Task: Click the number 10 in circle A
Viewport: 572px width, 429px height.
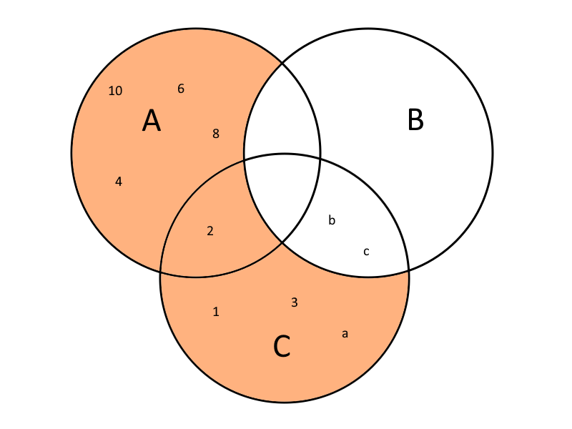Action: click(x=115, y=91)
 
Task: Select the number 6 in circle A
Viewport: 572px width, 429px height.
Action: click(x=181, y=89)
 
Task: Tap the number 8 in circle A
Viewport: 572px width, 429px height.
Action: click(x=216, y=133)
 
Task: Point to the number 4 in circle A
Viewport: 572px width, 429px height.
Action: click(x=119, y=182)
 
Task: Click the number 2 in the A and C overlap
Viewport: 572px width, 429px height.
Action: click(x=210, y=230)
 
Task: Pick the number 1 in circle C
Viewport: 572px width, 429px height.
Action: click(x=216, y=312)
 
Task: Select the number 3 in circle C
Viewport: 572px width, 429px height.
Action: click(x=294, y=302)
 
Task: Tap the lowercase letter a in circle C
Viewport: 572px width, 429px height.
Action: click(x=345, y=333)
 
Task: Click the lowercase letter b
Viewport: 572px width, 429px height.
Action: click(x=332, y=220)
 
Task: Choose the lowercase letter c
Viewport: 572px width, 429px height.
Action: click(x=366, y=251)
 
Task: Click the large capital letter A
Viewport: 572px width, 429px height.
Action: click(x=152, y=121)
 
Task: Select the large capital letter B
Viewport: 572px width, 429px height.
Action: click(x=415, y=120)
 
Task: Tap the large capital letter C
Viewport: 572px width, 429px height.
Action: click(x=282, y=347)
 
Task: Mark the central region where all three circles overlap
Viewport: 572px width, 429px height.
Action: click(x=282, y=193)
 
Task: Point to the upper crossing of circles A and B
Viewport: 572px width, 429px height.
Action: click(x=282, y=63)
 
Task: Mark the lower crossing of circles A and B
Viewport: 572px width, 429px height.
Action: click(x=282, y=242)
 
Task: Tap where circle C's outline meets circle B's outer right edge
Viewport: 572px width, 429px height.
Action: click(x=408, y=271)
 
